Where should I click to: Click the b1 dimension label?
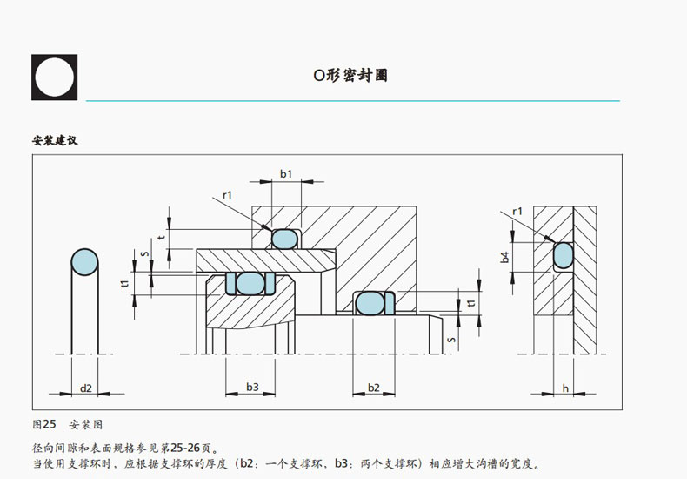coord(285,173)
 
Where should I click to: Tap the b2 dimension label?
coord(373,387)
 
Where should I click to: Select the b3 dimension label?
coord(251,387)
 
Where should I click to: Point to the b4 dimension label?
coord(505,257)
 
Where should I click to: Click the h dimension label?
coord(565,388)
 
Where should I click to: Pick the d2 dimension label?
coord(85,388)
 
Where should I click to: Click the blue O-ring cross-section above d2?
coord(84,261)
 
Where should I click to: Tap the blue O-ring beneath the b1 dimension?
coord(284,238)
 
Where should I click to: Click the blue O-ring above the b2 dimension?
coord(369,303)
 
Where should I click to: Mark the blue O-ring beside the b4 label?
coord(564,254)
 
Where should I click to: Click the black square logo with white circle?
coord(55,78)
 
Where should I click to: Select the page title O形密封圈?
coord(350,76)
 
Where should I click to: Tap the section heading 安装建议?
coord(55,140)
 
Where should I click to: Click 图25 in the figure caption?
coord(44,424)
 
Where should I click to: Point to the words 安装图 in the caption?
coord(86,424)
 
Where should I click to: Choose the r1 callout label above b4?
coord(517,211)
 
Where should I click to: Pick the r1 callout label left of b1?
coord(227,194)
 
